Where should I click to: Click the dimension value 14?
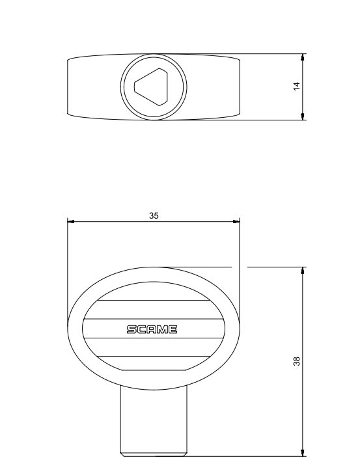pos(297,87)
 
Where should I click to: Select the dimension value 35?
pos(154,215)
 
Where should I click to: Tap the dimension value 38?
pos(297,361)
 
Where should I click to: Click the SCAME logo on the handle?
pos(152,329)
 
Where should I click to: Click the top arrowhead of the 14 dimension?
pos(303,59)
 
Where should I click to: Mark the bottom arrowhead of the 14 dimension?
pos(303,116)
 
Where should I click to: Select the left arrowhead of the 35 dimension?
pos(72,221)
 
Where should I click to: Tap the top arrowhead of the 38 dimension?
pos(303,271)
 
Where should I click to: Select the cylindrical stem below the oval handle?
pos(154,420)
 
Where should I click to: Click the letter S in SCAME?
pos(130,329)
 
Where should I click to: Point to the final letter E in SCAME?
pos(173,329)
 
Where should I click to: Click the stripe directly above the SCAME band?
pos(154,310)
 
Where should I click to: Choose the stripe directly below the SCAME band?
pos(154,347)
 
